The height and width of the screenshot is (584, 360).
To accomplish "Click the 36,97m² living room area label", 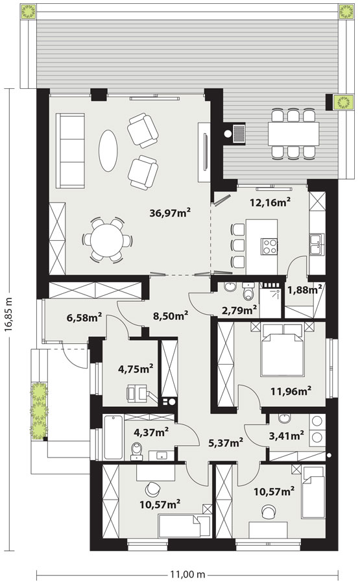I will [170, 212].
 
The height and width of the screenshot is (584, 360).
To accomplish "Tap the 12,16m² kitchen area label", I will [269, 202].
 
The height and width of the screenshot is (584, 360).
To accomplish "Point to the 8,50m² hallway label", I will [170, 316].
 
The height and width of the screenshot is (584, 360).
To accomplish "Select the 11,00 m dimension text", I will [187, 574].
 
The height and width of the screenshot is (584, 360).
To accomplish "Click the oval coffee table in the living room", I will [108, 151].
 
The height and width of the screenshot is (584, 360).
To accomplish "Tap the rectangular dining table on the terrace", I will [294, 134].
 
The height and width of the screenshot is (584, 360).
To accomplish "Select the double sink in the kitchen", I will [317, 245].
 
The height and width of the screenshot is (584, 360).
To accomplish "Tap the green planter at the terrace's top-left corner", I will [28, 11].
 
